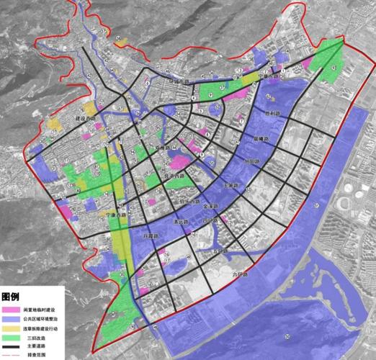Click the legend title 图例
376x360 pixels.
pyautogui.click(x=10, y=296)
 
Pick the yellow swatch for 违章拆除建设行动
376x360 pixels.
pyautogui.click(x=11, y=328)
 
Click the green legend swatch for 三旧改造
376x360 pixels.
pyautogui.click(x=11, y=337)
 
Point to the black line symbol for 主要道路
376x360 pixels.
pyautogui.click(x=11, y=346)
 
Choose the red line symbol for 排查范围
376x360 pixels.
pyautogui.click(x=11, y=355)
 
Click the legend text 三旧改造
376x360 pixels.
pyautogui.click(x=35, y=337)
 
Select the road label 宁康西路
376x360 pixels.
pyautogui.click(x=115, y=215)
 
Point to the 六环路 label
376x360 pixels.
pyautogui.click(x=239, y=274)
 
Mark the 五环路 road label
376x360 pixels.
pyautogui.click(x=220, y=251)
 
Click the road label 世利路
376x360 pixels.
pyautogui.click(x=272, y=114)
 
